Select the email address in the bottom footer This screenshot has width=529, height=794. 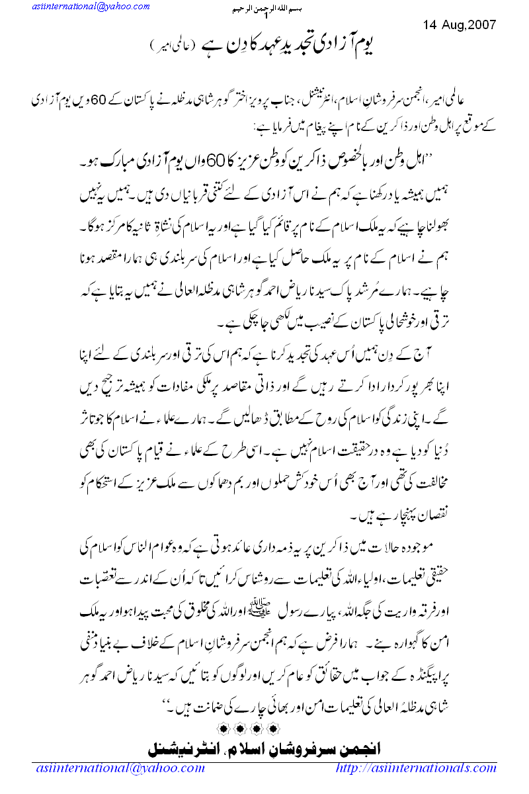coord(120,768)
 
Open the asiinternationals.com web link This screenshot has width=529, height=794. coord(416,768)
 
